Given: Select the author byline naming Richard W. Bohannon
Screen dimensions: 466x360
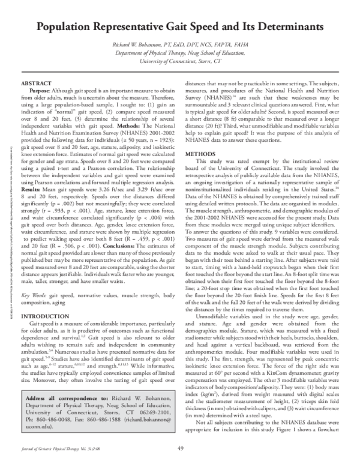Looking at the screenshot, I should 179,46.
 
